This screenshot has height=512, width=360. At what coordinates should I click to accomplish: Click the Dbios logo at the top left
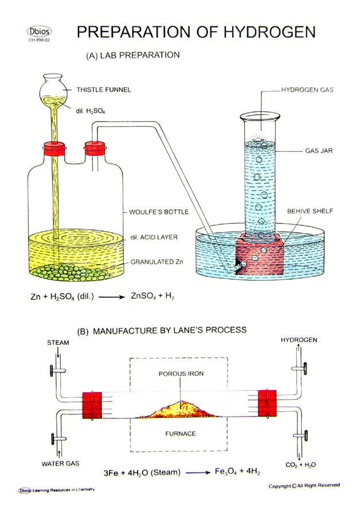click(38, 31)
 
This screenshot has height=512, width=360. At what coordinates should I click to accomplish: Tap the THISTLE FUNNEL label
click(104, 89)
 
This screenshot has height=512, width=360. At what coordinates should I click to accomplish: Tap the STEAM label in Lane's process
click(58, 343)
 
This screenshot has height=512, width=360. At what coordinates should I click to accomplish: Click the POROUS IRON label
click(180, 374)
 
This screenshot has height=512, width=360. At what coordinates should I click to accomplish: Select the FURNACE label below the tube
click(180, 433)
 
